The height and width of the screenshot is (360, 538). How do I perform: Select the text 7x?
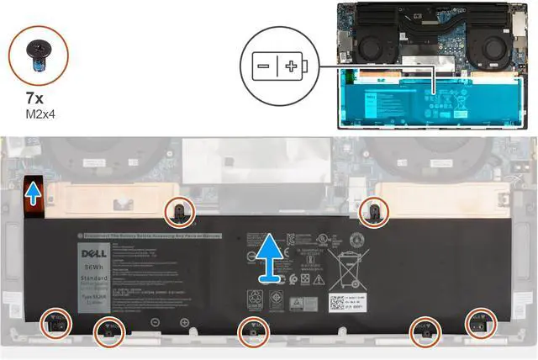(x=34, y=98)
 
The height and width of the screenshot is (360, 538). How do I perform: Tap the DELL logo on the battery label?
(x=93, y=251)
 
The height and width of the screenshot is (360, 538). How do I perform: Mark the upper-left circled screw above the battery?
(x=181, y=210)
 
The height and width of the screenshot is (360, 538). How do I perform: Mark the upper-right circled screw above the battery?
(x=373, y=211)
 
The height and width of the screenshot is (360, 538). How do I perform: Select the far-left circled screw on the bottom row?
(x=55, y=322)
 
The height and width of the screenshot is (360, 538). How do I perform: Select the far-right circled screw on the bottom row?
(x=480, y=322)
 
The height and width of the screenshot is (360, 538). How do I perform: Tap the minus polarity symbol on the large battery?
(x=156, y=322)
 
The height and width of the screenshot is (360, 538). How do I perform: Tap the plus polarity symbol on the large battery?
(x=184, y=322)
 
